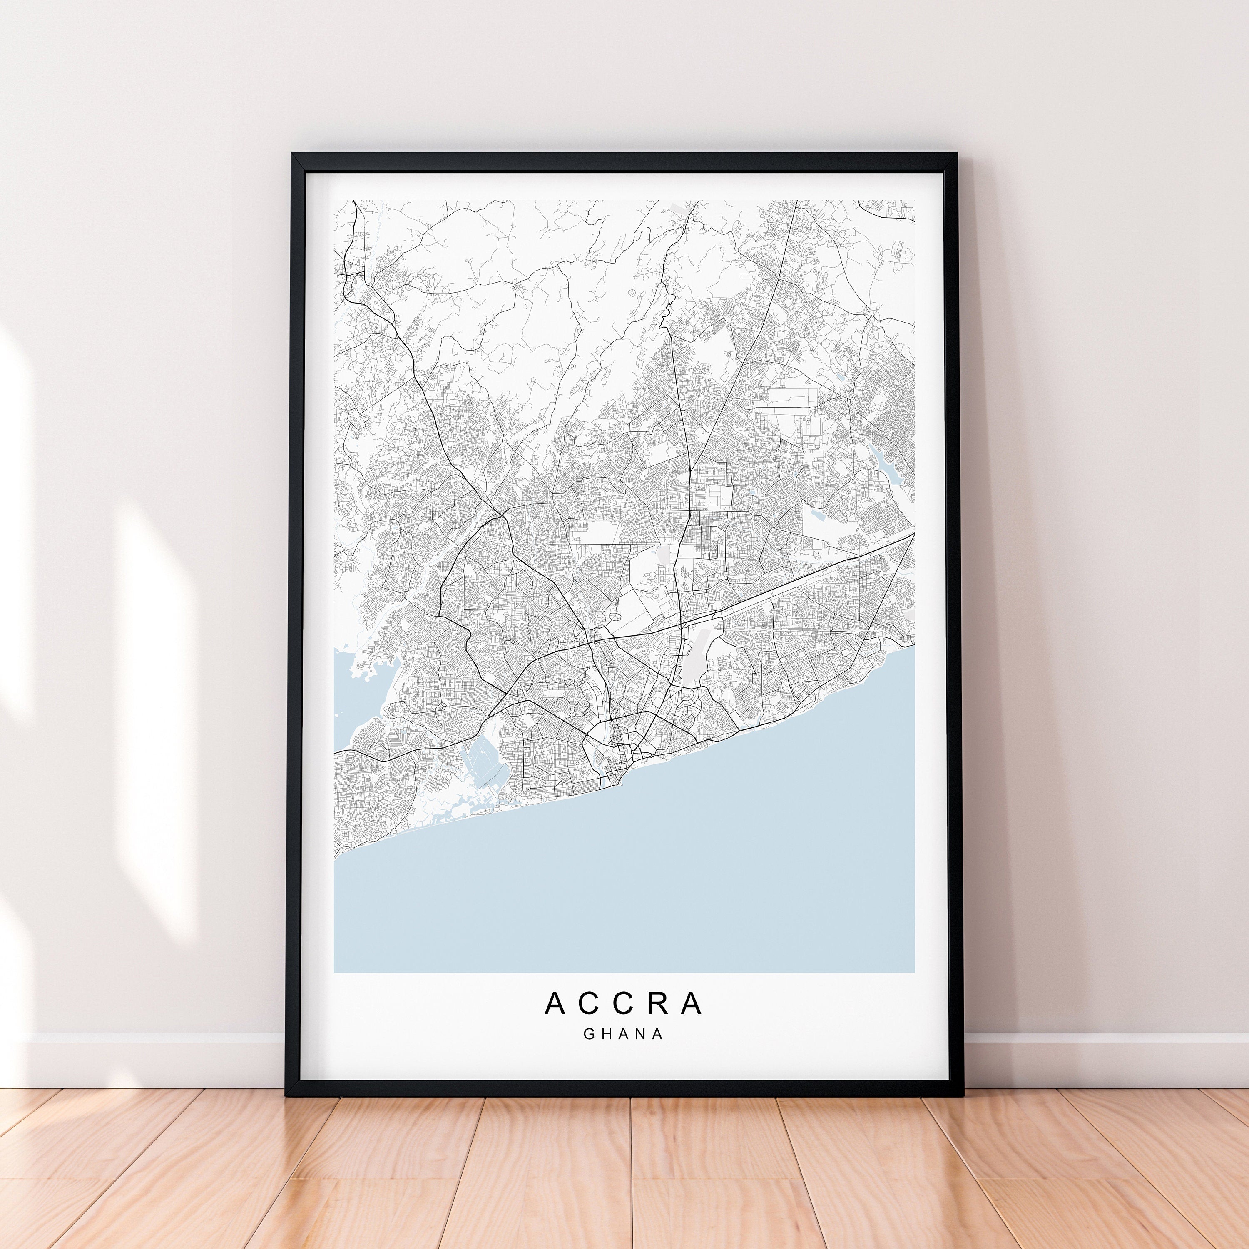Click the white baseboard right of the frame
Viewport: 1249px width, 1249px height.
coord(1099,1060)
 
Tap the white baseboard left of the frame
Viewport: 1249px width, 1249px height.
coord(142,1060)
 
